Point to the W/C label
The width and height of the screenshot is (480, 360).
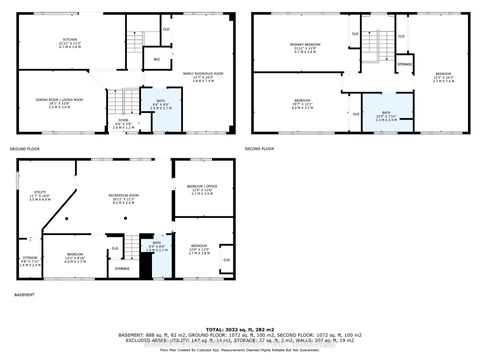tap(156, 59)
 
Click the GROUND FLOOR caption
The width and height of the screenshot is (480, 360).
tap(24, 148)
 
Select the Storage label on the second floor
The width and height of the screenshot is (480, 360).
tap(405, 64)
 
